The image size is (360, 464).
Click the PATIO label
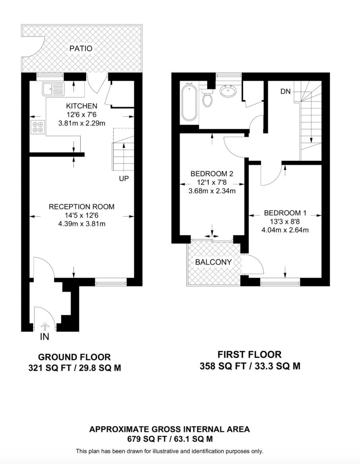81,48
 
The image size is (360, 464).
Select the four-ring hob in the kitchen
38,126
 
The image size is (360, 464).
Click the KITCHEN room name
81,106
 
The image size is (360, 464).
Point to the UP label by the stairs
124,179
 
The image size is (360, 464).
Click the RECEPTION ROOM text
81,207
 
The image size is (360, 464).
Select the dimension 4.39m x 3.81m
81,224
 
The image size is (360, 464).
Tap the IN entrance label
45,337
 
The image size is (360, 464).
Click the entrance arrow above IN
45,326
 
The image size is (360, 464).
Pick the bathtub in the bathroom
188,103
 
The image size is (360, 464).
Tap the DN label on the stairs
285,91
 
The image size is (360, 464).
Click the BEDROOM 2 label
211,174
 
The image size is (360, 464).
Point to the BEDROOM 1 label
285,212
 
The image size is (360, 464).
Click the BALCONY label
213,262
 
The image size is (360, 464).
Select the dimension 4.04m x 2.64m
285,230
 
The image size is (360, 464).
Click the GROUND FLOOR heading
74,357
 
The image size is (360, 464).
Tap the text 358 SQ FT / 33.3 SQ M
250,366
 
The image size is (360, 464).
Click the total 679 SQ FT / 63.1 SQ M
169,439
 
